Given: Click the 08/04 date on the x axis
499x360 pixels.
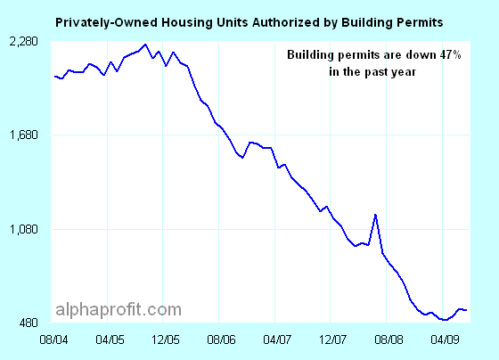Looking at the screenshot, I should point(55,340).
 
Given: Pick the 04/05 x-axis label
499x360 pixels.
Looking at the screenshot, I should point(109,340).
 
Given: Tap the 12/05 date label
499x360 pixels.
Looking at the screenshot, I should point(165,340).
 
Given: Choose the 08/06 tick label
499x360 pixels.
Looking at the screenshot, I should point(220,340).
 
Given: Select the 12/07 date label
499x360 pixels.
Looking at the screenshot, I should point(331,340).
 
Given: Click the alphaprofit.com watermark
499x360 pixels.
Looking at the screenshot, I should point(119,310).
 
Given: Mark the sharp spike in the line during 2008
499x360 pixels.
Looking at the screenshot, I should point(376,214).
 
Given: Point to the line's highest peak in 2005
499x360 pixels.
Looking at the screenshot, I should point(145,45).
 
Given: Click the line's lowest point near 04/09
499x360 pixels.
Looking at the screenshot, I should point(444,319).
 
